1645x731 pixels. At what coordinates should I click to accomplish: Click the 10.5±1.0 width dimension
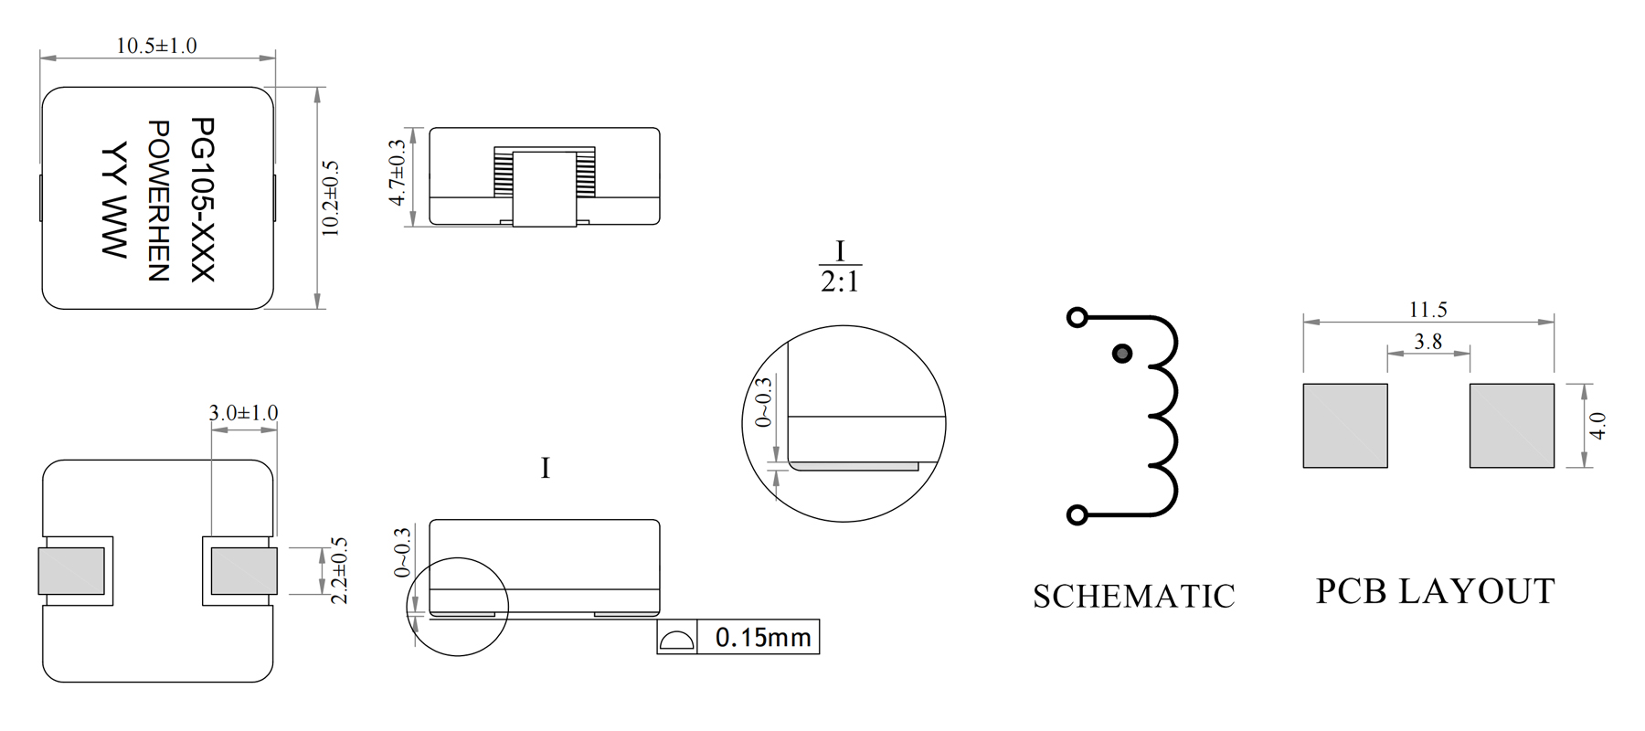tap(156, 46)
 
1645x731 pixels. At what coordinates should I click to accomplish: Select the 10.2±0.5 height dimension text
tap(330, 198)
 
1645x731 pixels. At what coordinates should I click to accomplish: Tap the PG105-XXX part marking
tap(202, 199)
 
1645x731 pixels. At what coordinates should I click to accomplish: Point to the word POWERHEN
tap(158, 200)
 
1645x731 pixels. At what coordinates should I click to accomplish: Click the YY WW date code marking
tap(113, 199)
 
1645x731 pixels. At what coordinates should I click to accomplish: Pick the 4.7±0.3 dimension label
tap(397, 173)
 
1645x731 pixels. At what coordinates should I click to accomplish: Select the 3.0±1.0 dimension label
tap(243, 413)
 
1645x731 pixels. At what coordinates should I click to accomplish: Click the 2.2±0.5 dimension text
tap(339, 570)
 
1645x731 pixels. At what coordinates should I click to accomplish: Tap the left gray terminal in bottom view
tap(71, 570)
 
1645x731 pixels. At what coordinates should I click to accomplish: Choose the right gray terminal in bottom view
tap(244, 570)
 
